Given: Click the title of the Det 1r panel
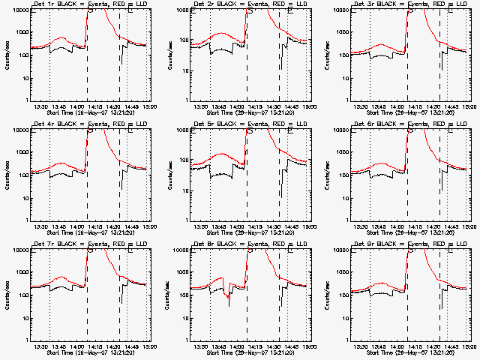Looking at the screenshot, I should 88,5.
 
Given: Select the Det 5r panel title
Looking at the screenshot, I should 248,125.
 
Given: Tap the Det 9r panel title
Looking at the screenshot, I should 409,245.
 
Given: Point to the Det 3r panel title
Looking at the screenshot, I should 409,5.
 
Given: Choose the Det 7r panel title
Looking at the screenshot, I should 88,245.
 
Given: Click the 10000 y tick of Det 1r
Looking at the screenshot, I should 19,10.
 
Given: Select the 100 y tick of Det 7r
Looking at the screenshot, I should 22,295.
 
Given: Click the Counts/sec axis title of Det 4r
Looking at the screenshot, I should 7,174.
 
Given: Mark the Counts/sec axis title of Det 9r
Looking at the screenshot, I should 327,294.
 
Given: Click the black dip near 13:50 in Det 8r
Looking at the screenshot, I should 229,300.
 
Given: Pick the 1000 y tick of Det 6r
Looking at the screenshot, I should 341,152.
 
